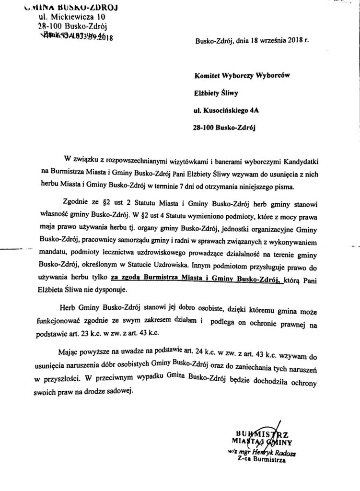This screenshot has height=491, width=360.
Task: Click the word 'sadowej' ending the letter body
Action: (x=116, y=391)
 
